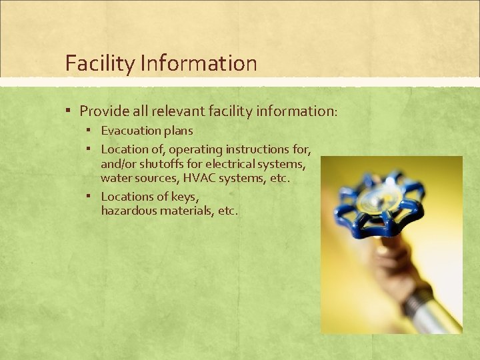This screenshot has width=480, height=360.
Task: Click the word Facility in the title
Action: (100, 64)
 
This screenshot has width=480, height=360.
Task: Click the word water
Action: (115, 178)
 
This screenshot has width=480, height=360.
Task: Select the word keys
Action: (185, 196)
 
